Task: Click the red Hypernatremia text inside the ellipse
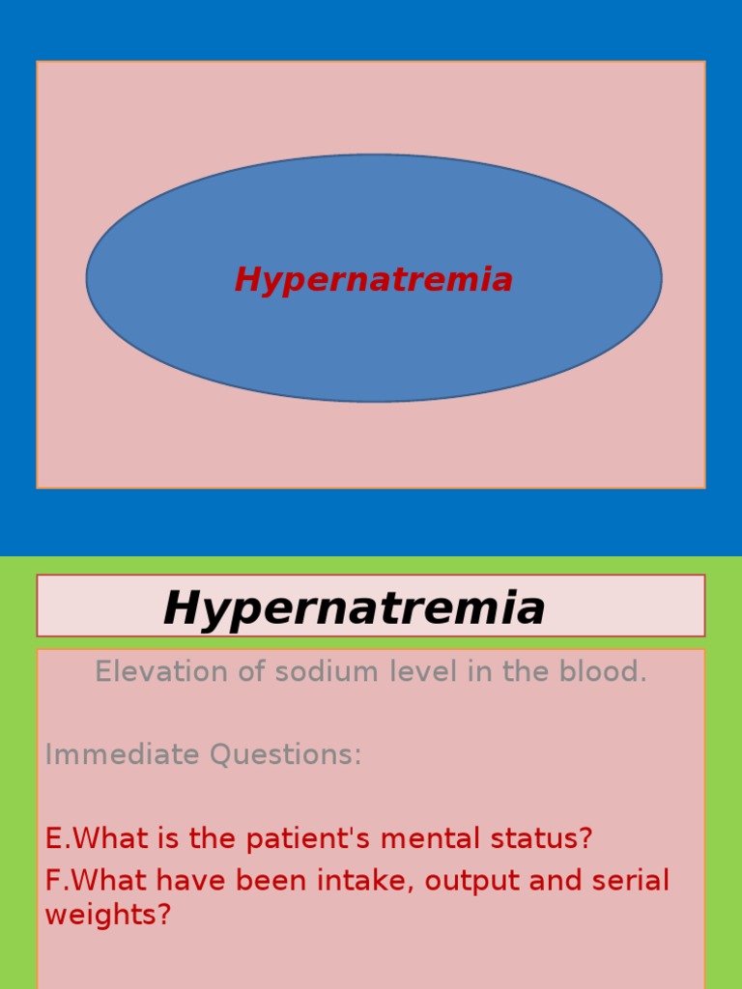click(373, 280)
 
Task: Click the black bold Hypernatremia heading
click(354, 608)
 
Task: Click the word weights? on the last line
click(107, 915)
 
